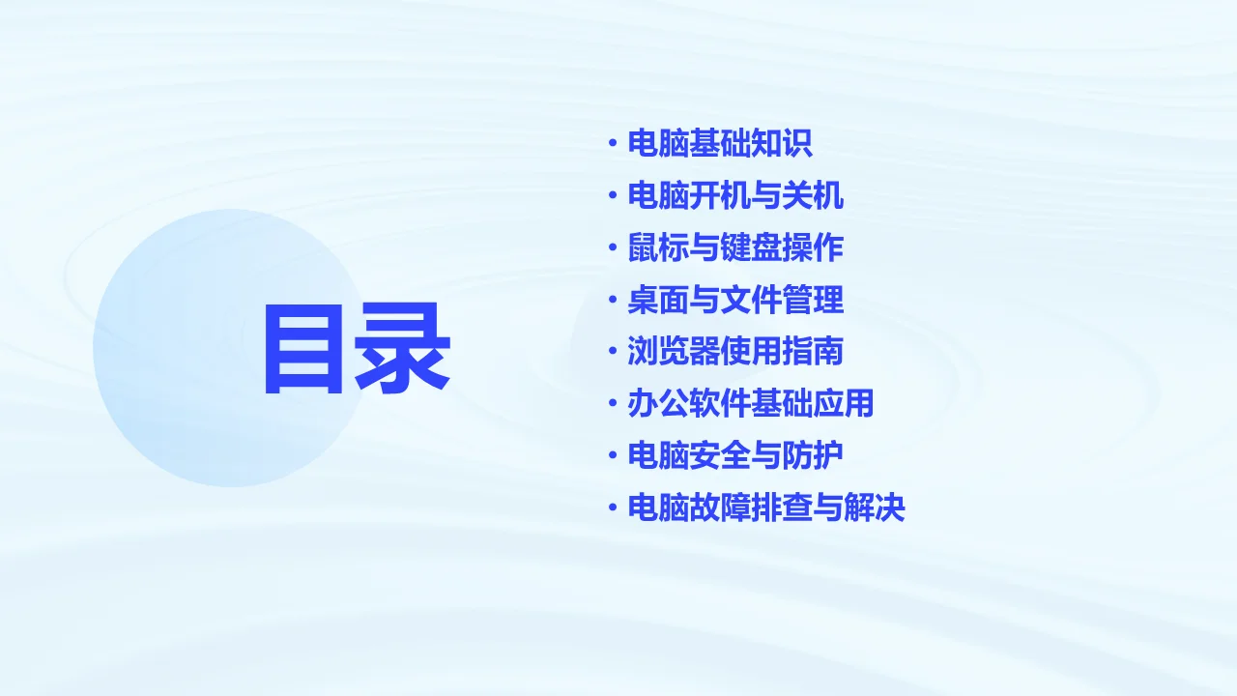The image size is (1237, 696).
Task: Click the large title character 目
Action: [x=305, y=349]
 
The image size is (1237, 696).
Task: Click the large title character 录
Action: [x=402, y=349]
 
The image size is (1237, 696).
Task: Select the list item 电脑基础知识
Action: [x=720, y=144]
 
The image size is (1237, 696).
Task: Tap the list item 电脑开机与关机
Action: [x=735, y=196]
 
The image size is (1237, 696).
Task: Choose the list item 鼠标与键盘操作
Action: [x=735, y=248]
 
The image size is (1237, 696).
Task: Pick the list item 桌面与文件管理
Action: [x=735, y=301]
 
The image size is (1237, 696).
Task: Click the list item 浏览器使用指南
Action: [x=735, y=352]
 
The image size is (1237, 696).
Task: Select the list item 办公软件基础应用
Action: [x=751, y=404]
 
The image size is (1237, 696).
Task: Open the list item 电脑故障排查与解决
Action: [x=766, y=508]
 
